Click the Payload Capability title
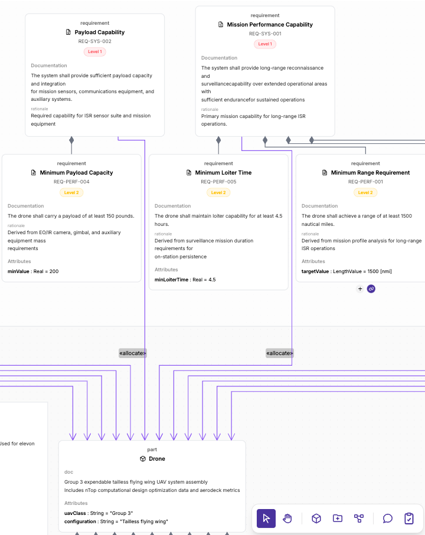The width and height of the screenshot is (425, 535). coord(100,32)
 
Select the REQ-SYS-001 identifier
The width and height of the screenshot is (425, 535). coord(265,34)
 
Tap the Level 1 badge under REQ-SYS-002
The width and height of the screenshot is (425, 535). coord(95,52)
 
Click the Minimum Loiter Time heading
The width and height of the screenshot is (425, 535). coord(223,173)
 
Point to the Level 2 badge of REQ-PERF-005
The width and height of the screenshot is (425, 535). coord(218,193)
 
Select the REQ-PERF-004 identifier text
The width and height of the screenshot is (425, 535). coord(71,182)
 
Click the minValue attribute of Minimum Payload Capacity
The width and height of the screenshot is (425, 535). coord(33,271)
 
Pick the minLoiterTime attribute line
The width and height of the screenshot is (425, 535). coord(185,280)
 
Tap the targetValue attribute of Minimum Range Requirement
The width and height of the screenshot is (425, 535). coord(346,271)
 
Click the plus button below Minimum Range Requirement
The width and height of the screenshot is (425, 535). coord(360,289)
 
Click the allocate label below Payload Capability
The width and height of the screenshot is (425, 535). coord(133,353)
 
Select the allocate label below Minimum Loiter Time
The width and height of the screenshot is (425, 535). coord(280,353)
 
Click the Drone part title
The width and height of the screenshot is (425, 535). coord(157,459)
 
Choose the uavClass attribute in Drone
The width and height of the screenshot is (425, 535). coord(99,513)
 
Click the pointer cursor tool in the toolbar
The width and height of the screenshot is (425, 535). coord(266,518)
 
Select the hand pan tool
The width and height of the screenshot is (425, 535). coord(287,518)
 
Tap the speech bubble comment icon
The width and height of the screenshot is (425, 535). coord(387,518)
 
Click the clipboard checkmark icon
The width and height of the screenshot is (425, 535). coord(409,518)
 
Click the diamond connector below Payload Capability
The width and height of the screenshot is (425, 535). coord(71,140)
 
